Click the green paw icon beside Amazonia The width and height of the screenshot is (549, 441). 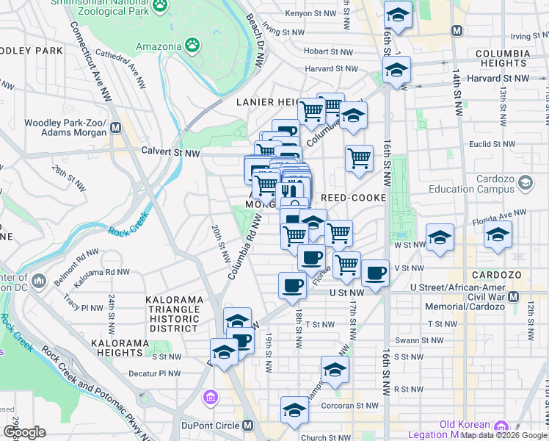click(x=192, y=46)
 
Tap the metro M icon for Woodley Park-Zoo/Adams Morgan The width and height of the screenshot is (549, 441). click(x=115, y=128)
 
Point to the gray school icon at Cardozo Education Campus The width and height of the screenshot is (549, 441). click(x=525, y=182)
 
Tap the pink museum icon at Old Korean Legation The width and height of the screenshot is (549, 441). click(x=501, y=426)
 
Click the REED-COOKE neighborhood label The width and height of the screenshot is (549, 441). click(x=354, y=198)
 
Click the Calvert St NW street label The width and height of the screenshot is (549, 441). click(x=171, y=153)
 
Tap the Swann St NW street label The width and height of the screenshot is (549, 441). click(x=418, y=340)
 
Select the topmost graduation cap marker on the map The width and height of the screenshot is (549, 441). click(x=398, y=15)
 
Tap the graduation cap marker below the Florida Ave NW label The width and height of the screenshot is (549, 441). click(x=498, y=234)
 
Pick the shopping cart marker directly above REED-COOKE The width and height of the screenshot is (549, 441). click(x=359, y=157)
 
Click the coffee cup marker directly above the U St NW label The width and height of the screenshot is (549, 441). click(x=292, y=284)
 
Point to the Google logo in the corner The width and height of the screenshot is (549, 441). click(x=24, y=432)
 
